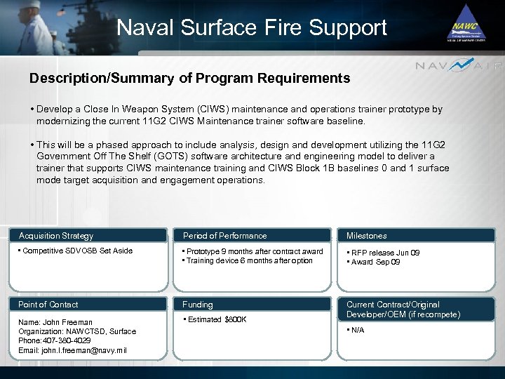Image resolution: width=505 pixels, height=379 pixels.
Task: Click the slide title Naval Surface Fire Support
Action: click(252, 27)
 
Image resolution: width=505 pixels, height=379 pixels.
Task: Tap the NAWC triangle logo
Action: click(467, 23)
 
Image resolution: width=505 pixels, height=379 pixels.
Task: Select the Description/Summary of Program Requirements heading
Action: click(189, 79)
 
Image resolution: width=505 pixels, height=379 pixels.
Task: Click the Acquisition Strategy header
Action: click(56, 236)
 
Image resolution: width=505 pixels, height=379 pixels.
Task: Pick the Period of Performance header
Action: click(224, 236)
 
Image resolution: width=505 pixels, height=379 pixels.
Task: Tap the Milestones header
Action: click(366, 236)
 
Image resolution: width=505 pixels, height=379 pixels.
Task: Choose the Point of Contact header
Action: click(48, 305)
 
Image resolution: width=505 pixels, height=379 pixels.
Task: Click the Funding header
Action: click(198, 305)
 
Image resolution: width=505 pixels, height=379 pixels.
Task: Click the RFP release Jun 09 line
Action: click(385, 253)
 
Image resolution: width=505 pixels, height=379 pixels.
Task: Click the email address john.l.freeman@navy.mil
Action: click(72, 350)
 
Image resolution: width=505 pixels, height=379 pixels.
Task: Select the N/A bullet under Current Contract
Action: click(358, 330)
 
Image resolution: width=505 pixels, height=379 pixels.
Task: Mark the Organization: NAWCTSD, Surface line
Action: click(77, 331)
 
